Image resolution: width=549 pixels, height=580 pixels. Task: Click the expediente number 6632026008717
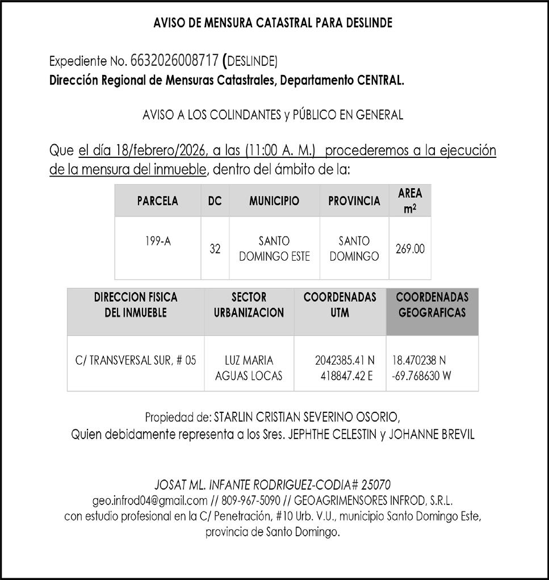174,60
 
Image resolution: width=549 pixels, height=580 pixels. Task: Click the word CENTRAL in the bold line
380,81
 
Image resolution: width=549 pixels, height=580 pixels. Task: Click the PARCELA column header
157,201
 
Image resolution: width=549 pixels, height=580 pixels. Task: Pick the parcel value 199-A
157,241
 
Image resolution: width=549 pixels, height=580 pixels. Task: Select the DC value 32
215,249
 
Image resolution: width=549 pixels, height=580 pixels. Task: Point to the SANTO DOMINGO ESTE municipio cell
274,249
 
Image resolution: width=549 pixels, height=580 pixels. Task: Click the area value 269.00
410,249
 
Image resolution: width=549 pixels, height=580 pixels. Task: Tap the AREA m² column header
410,201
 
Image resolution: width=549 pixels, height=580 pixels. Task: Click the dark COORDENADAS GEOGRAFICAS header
432,305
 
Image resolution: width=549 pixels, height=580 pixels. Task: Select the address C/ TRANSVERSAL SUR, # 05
136,360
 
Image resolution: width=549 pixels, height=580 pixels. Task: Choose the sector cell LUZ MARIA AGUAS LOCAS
249,368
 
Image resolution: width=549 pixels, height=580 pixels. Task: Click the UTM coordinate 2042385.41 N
345,360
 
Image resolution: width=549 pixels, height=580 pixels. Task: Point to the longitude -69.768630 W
421,375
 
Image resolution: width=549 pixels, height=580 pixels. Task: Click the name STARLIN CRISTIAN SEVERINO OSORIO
309,418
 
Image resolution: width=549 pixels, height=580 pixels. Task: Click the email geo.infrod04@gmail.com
149,501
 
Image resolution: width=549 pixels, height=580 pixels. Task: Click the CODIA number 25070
375,485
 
